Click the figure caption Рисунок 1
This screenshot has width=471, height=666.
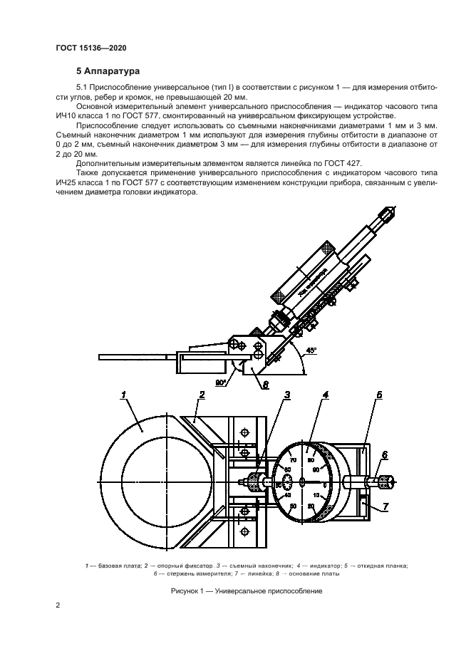click(x=247, y=590)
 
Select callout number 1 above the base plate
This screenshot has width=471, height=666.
click(x=124, y=394)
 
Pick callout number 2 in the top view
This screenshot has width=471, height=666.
click(x=202, y=394)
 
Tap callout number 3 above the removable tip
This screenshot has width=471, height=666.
click(x=287, y=394)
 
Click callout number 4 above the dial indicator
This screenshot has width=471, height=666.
click(x=324, y=394)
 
